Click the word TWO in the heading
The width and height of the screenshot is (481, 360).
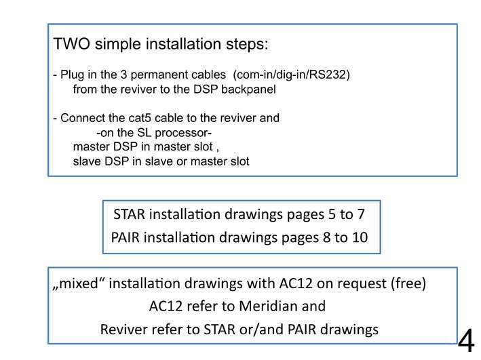[x=71, y=43]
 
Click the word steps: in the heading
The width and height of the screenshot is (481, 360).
[x=247, y=45]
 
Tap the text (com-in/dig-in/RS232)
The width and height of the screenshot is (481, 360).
[x=292, y=75]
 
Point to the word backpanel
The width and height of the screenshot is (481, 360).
[x=248, y=89]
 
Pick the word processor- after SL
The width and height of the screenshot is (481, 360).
[x=183, y=133]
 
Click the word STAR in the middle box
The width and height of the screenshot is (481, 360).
[x=129, y=214]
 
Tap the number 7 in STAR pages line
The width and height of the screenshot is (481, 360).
[x=361, y=214]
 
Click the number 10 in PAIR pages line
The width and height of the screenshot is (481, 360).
[x=360, y=238]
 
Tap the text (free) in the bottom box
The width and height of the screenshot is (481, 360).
[x=408, y=283]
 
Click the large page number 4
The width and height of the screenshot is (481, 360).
[x=466, y=340]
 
